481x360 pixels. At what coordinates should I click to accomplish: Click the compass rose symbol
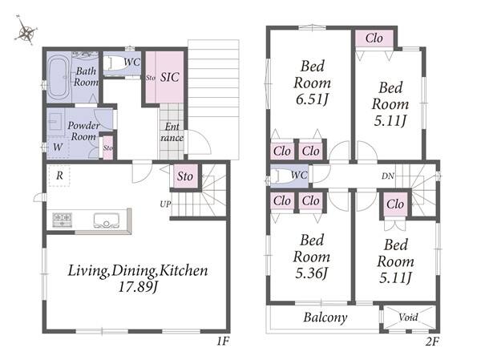pos(26,30)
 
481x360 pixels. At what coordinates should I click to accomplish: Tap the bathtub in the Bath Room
pos(59,77)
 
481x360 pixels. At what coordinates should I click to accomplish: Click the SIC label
pos(170,77)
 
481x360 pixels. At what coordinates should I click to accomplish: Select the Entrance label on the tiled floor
pos(172,132)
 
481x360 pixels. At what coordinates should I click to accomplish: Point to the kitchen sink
pos(106,220)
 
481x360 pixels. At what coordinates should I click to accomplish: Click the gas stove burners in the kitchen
pos(63,220)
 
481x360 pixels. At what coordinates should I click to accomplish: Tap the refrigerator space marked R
pos(59,176)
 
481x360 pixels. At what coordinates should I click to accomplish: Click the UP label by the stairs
pos(165,204)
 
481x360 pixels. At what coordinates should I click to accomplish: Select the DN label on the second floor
pos(388,176)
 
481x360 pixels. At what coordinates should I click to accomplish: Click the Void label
pos(408,317)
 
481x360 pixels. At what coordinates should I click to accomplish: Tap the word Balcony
pos(325,318)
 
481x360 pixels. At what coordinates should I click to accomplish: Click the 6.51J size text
pos(312,99)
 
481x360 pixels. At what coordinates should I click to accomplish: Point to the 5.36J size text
pos(312,273)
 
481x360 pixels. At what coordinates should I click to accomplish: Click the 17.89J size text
pos(138,287)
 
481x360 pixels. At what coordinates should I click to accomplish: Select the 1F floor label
pos(223,342)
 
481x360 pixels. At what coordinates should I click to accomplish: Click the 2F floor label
pos(432,342)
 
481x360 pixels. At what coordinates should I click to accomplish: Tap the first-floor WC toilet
pos(115,63)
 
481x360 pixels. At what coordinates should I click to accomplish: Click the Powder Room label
pos(83,131)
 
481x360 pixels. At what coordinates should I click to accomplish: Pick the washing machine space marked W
pos(58,147)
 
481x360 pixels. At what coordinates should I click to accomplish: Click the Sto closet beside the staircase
pos(185,176)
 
